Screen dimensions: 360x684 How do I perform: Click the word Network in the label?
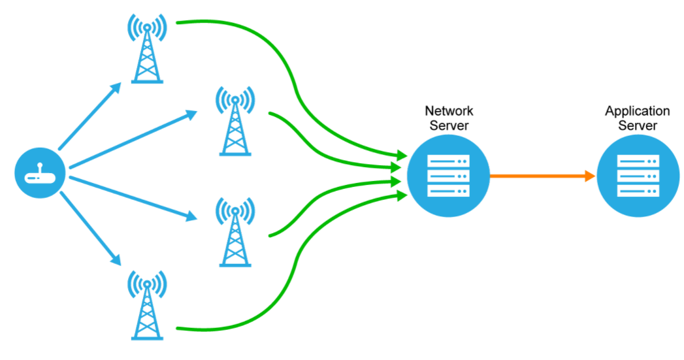click(x=449, y=111)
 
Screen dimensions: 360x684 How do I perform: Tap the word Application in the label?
click(x=638, y=111)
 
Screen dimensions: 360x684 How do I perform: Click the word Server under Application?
click(x=638, y=125)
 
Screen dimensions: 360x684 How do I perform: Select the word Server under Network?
click(x=449, y=125)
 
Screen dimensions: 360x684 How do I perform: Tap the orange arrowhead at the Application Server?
click(x=590, y=176)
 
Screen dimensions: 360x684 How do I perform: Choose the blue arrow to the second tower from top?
click(x=131, y=139)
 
